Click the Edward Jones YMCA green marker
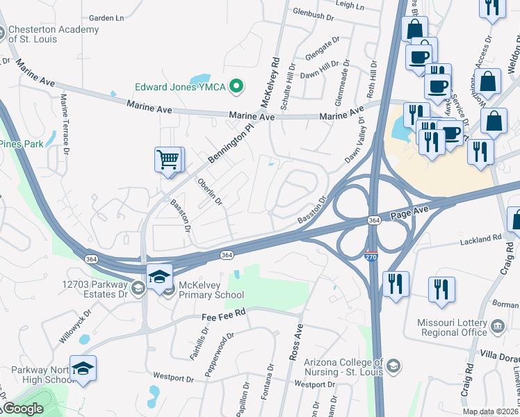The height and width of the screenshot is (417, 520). point(237,87)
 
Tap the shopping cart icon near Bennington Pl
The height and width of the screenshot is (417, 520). point(168,159)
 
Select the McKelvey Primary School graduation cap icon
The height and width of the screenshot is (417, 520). point(159,275)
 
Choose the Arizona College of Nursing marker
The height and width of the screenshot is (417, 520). point(393,366)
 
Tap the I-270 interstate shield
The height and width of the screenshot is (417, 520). point(372,256)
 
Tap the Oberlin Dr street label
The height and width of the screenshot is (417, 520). point(209,193)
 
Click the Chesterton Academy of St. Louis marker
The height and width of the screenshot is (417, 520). point(2,33)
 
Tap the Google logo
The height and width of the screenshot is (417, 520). point(22,409)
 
